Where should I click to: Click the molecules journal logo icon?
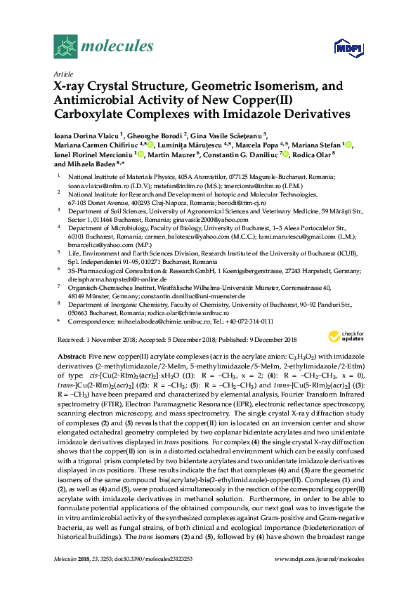click(65, 46)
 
